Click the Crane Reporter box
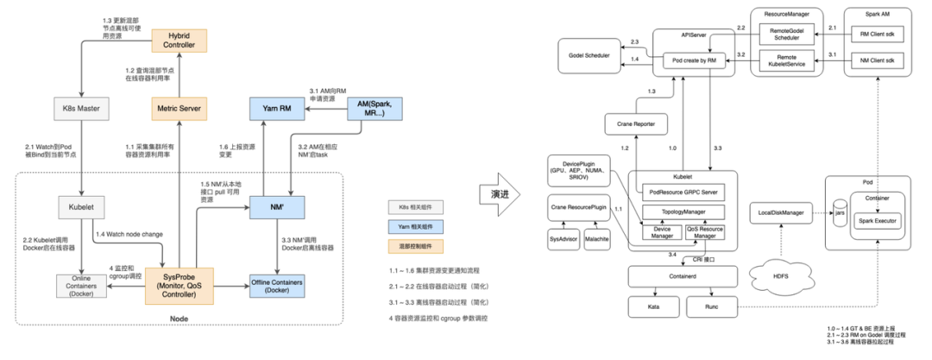coord(637,125)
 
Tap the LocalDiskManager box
coord(781,212)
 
